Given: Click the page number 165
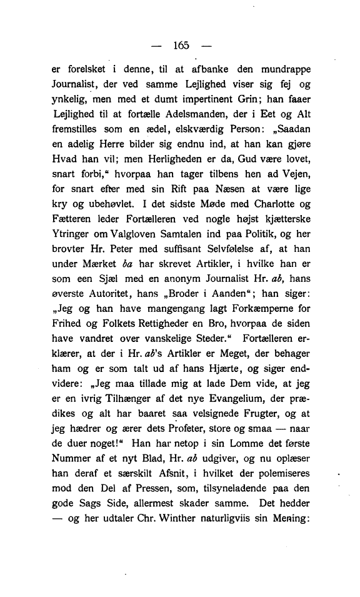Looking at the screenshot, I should tap(180, 45).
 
